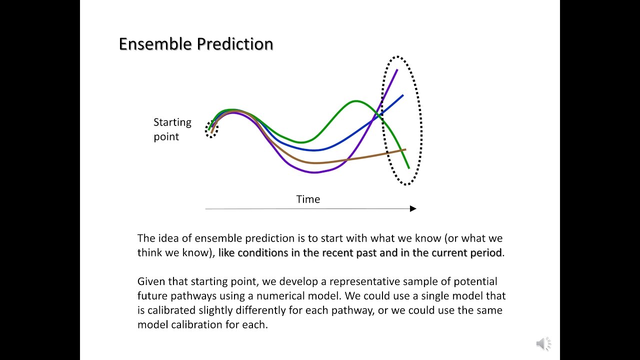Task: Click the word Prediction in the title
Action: (x=235, y=44)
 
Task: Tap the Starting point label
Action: (x=172, y=129)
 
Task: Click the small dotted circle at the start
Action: (x=211, y=129)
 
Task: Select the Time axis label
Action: (x=308, y=199)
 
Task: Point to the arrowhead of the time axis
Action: (x=413, y=208)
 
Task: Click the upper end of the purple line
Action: (x=397, y=70)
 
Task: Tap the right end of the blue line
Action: (x=402, y=95)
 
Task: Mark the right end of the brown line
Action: (x=404, y=149)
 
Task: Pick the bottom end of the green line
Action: (x=408, y=167)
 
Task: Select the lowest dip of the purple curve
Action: (x=314, y=172)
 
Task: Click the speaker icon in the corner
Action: (x=543, y=344)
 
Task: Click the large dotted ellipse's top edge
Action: (x=398, y=57)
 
